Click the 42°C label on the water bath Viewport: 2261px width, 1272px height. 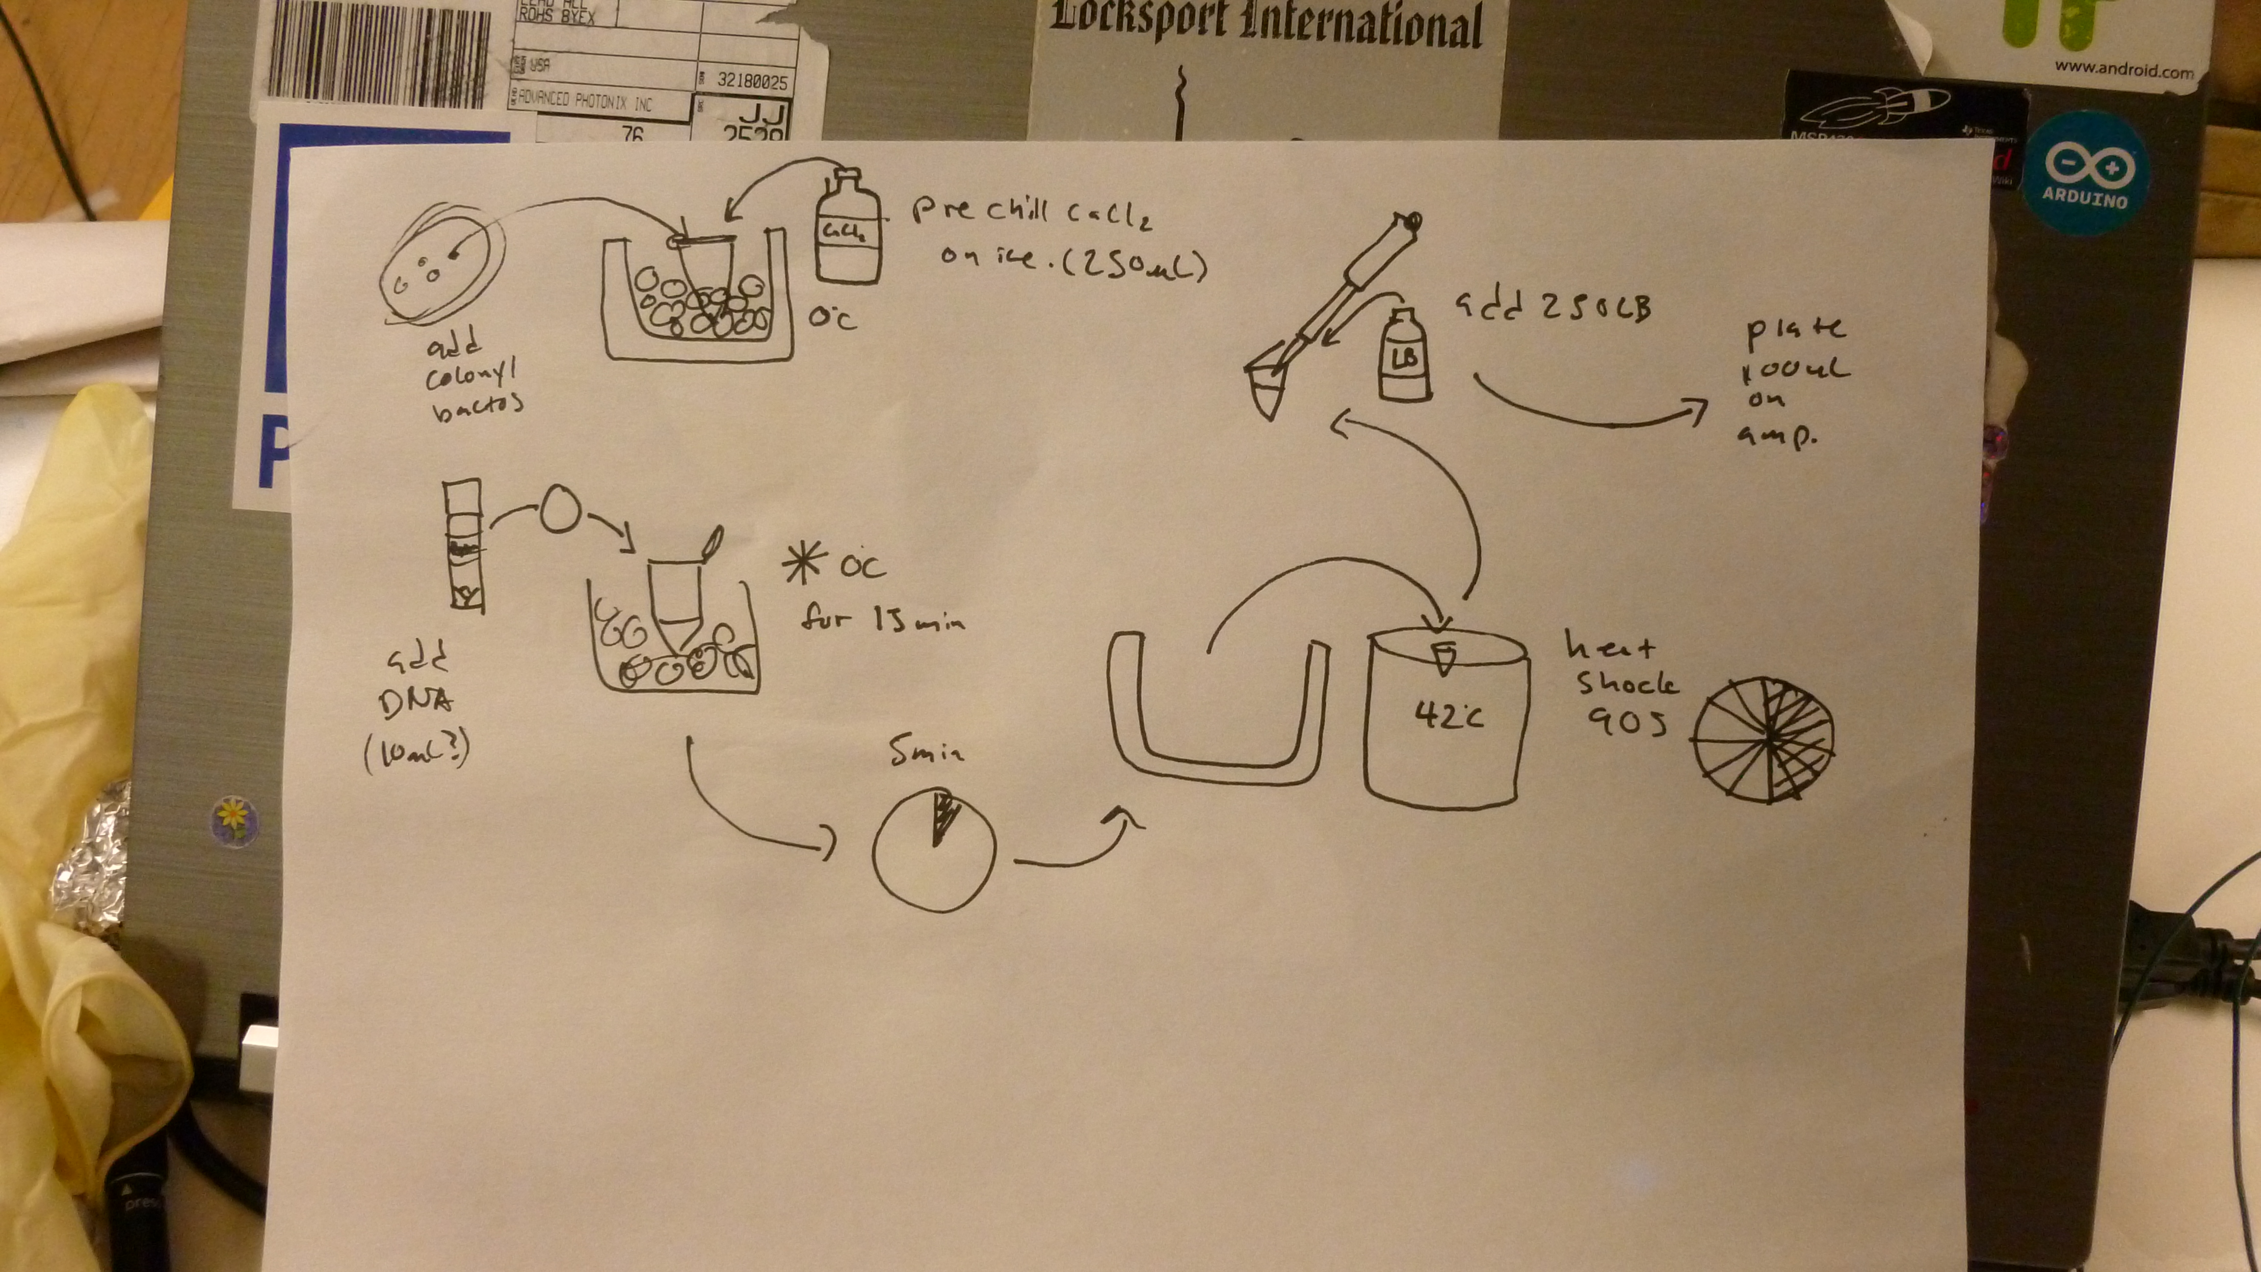click(x=1448, y=717)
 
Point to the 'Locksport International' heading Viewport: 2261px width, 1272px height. click(x=1265, y=25)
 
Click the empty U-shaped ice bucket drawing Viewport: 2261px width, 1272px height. click(x=1216, y=711)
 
